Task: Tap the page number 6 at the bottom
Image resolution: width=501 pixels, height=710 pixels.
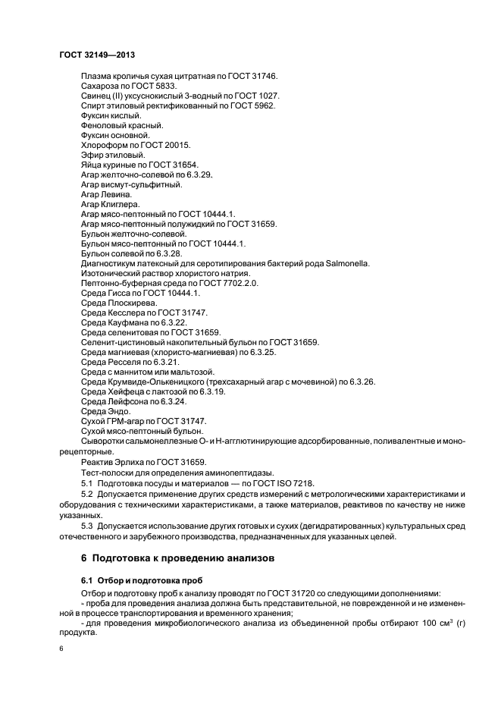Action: click(x=62, y=650)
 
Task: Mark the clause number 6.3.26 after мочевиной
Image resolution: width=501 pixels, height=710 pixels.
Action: click(x=361, y=381)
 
